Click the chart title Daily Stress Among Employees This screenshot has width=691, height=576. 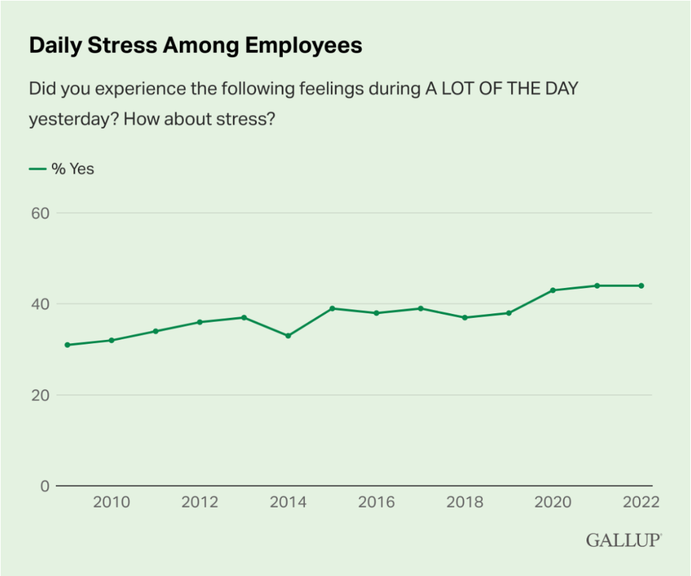click(x=196, y=45)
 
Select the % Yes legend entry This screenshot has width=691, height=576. click(x=62, y=169)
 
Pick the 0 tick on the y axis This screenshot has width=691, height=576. click(x=44, y=486)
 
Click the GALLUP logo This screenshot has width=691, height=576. click(x=623, y=539)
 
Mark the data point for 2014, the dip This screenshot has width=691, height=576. click(x=288, y=336)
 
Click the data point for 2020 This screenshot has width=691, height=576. click(x=553, y=290)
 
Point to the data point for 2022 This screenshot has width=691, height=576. click(x=641, y=286)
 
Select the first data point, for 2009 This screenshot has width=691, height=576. click(x=67, y=345)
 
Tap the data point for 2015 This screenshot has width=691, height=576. click(x=332, y=309)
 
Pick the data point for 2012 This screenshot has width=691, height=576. click(x=200, y=322)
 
